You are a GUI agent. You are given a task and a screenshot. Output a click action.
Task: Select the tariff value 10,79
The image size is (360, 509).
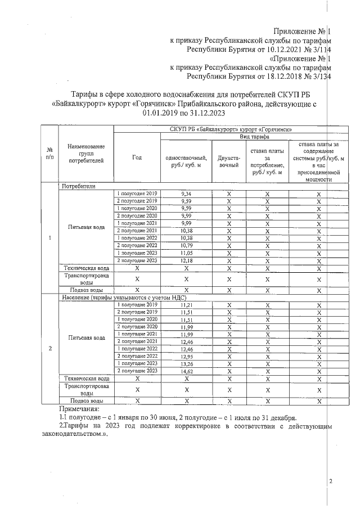(187, 245)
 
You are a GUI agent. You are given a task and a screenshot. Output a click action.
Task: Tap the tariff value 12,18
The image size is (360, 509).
(187, 260)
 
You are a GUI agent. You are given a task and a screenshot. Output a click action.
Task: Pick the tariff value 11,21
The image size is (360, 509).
(187, 304)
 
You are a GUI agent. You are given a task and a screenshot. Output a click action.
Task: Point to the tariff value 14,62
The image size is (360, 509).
(187, 371)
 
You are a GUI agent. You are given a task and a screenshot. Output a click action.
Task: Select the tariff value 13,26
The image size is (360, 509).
(187, 364)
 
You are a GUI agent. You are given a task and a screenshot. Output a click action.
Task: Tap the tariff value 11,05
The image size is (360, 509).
(187, 253)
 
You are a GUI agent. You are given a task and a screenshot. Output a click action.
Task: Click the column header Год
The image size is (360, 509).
(137, 158)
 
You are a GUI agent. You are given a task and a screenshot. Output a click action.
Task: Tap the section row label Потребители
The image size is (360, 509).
(79, 185)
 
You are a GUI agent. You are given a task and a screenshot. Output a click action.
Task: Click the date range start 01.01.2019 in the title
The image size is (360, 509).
(163, 112)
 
